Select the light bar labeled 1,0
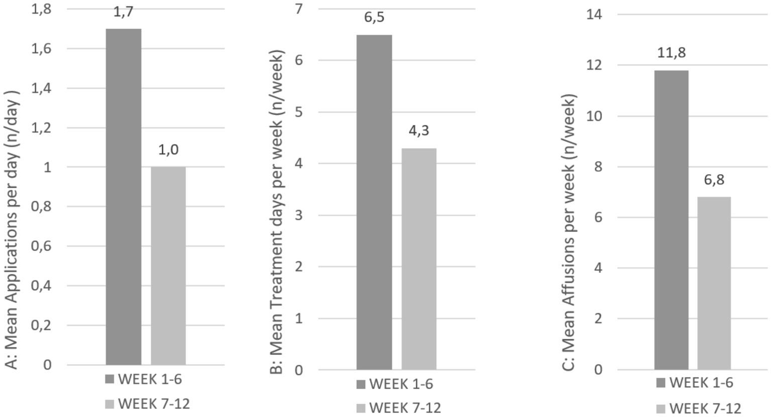point(168,265)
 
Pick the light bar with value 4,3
point(419,259)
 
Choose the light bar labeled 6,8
point(714,283)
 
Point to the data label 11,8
point(672,53)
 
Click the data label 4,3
point(419,131)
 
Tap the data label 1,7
point(124,12)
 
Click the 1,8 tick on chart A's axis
point(42,9)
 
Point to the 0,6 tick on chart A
point(42,246)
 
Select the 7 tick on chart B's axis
point(299,9)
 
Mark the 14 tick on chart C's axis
point(594,15)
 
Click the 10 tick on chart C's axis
point(594,116)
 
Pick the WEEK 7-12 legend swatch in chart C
point(660,408)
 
